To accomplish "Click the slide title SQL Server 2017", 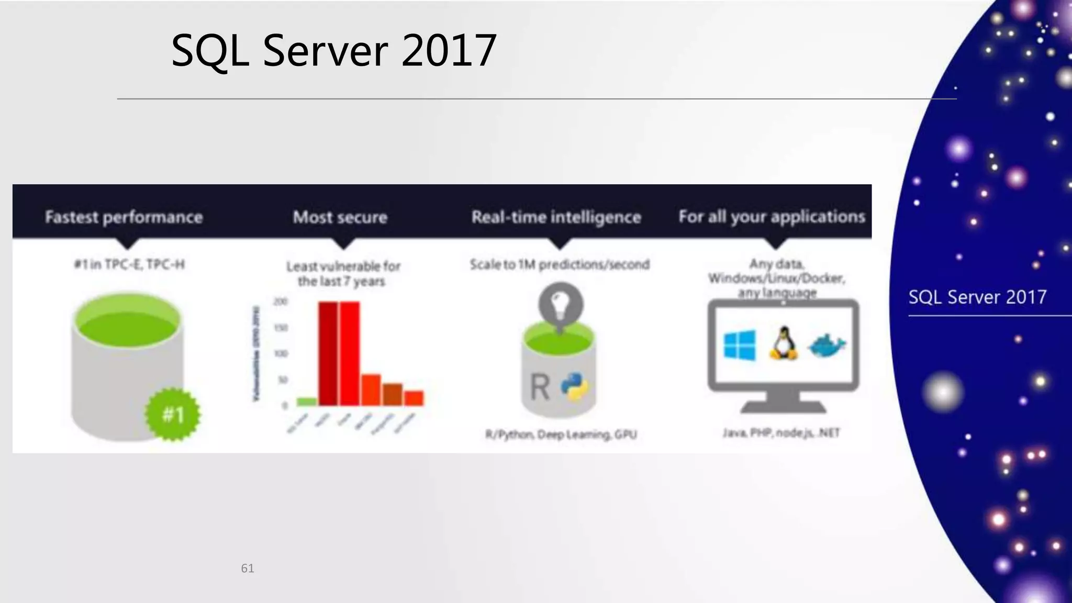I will pyautogui.click(x=333, y=51).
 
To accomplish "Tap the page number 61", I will pyautogui.click(x=248, y=568).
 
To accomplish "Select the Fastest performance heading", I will pyautogui.click(x=124, y=217).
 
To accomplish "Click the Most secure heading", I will pyautogui.click(x=340, y=217).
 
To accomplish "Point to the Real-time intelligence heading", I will pyautogui.click(x=556, y=217).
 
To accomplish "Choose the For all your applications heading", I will pyautogui.click(x=772, y=217).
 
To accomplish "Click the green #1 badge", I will pyautogui.click(x=173, y=415).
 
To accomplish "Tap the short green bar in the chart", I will pyautogui.click(x=307, y=401).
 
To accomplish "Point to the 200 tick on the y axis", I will pyautogui.click(x=281, y=302).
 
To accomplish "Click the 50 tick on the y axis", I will pyautogui.click(x=283, y=380).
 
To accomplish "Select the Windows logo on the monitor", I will pyautogui.click(x=739, y=345).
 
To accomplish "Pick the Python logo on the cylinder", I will pyautogui.click(x=575, y=387).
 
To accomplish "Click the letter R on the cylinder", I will pyautogui.click(x=540, y=387).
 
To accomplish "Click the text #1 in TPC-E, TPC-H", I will pyautogui.click(x=129, y=265).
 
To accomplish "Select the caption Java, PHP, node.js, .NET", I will pyautogui.click(x=781, y=433).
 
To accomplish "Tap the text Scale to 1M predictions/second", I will pyautogui.click(x=560, y=265).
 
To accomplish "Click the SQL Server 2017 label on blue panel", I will pyautogui.click(x=977, y=297).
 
